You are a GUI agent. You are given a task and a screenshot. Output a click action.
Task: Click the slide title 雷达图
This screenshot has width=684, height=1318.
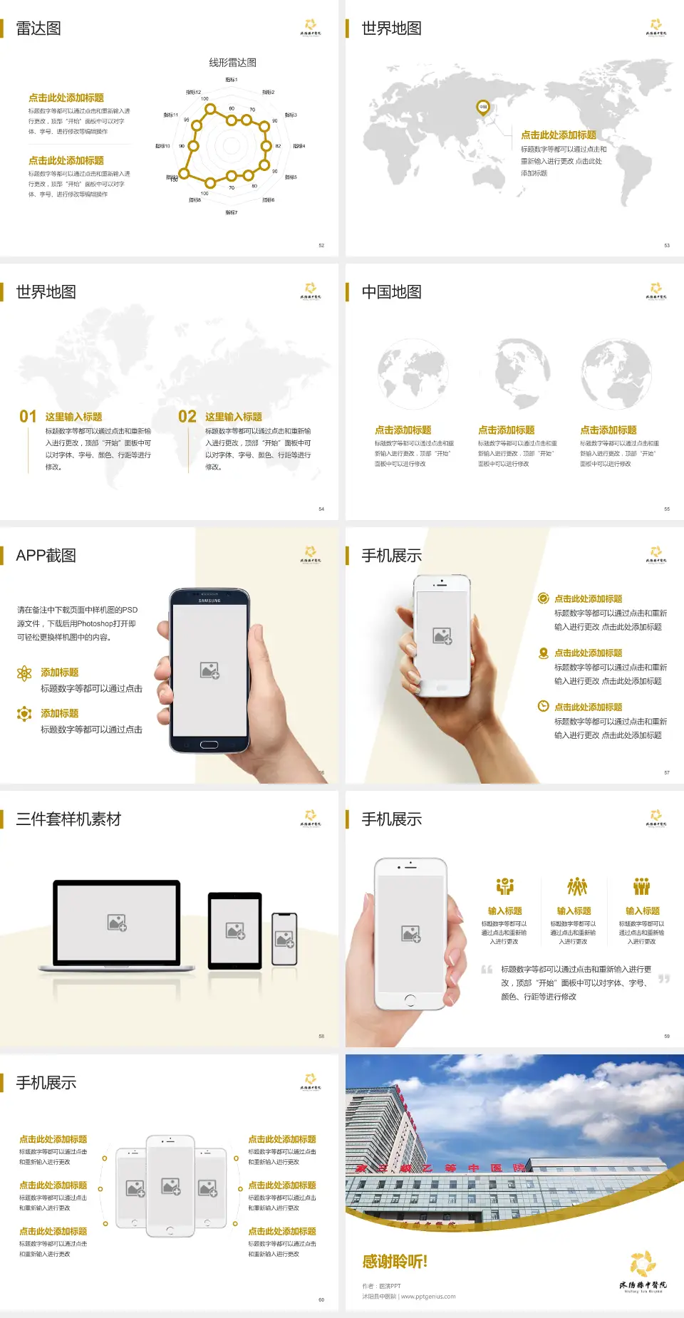coord(38,28)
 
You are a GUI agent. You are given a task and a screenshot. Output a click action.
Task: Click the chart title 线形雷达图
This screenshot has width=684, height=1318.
coord(232,63)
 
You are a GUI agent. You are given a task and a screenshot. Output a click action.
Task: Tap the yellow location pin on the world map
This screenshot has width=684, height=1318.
coord(483,108)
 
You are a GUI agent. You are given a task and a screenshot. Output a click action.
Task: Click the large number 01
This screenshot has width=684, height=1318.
coord(28,417)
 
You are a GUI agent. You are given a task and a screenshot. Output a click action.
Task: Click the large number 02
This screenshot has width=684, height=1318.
coord(187,417)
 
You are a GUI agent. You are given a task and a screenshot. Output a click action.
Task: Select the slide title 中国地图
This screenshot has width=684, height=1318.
coord(391,292)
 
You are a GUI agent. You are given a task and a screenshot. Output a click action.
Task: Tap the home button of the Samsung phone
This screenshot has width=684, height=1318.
coord(209,744)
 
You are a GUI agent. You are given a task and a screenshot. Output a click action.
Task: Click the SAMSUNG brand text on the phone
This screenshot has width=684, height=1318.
coord(209,601)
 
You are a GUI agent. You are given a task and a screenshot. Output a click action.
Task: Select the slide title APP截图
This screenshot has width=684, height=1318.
coord(46,556)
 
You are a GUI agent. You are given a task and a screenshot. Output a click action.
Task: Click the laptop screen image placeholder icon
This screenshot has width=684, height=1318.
coord(117,923)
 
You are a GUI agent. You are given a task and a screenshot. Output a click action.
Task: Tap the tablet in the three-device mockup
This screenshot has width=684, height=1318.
coord(235,930)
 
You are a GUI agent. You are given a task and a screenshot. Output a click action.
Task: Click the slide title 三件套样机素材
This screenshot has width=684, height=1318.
coord(68,819)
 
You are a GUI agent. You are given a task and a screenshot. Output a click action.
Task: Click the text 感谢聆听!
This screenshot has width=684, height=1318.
coord(395,1262)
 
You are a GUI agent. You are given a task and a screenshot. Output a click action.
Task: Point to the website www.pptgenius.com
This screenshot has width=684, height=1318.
coord(428,1297)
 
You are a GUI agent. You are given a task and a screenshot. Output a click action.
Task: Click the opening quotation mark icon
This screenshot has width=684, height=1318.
coord(487,970)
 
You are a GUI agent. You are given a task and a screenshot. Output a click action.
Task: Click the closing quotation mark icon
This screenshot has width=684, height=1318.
coord(664,979)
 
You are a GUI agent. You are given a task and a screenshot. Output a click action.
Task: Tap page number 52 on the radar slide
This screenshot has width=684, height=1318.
coord(321,245)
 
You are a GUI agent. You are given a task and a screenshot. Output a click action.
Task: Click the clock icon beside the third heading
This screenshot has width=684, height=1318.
coord(543,706)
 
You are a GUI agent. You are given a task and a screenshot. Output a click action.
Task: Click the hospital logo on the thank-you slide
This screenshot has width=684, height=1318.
coord(643,1271)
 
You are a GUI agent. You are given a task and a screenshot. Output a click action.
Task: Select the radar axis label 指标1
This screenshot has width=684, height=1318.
coord(232,80)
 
